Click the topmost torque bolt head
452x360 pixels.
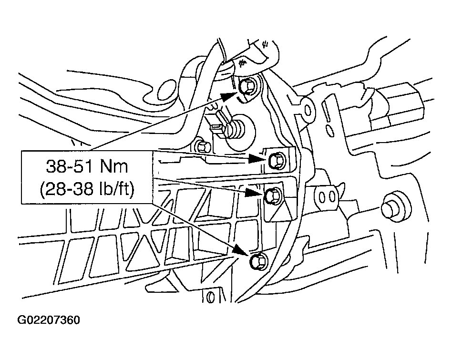pyautogui.click(x=247, y=87)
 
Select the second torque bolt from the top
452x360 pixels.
pyautogui.click(x=276, y=161)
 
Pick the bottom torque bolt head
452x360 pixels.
pyautogui.click(x=257, y=260)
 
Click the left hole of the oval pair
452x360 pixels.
pyautogui.click(x=321, y=196)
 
